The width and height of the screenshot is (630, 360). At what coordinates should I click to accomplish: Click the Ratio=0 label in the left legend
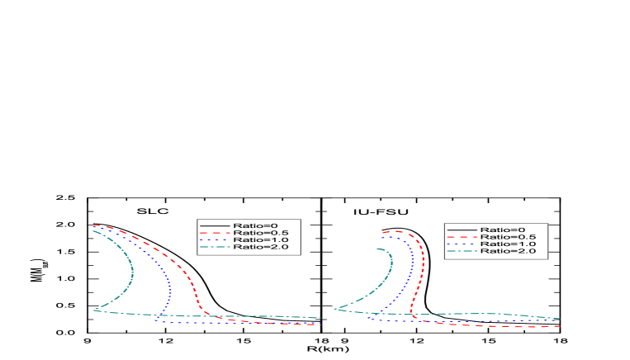(255, 225)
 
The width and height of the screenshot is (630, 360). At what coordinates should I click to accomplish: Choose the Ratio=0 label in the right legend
(502, 230)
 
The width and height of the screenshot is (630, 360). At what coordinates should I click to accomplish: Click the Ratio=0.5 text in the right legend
(508, 237)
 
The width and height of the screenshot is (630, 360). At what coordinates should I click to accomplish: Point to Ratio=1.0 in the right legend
(508, 244)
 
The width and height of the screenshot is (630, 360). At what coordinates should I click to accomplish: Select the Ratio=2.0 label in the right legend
(508, 251)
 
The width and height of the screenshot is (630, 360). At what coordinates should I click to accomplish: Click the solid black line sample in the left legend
(215, 225)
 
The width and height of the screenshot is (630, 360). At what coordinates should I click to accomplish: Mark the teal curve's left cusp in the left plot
(95, 310)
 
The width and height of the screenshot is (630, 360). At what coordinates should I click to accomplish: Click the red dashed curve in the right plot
(423, 264)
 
